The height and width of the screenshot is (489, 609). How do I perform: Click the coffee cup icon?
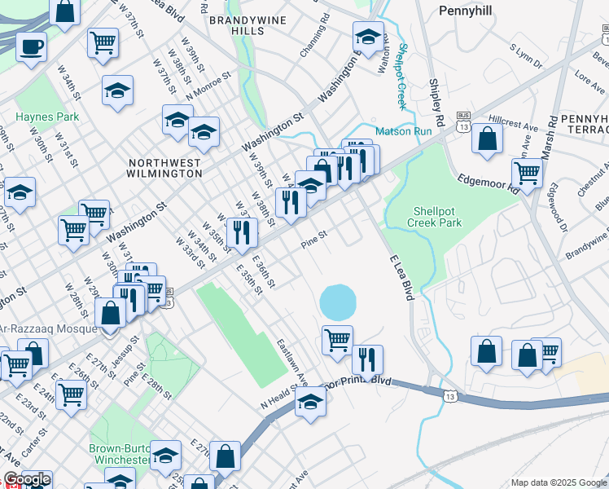click(31, 46)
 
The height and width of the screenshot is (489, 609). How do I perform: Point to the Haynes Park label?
click(47, 117)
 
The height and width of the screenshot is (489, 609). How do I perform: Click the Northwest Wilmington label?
click(164, 168)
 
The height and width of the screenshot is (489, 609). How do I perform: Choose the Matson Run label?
click(398, 130)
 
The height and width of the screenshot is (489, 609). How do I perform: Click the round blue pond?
click(338, 302)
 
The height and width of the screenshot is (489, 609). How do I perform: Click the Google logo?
click(27, 479)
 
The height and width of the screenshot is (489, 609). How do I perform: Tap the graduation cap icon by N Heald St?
click(310, 401)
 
